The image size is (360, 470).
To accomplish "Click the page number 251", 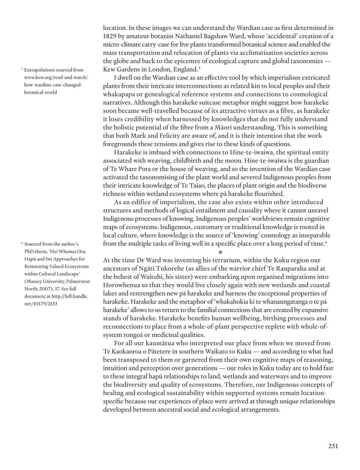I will click(333, 446).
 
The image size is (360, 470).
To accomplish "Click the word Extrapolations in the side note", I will click(39, 70).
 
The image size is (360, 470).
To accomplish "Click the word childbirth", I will click(181, 160).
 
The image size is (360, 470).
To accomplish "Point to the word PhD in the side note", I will click(29, 251).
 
